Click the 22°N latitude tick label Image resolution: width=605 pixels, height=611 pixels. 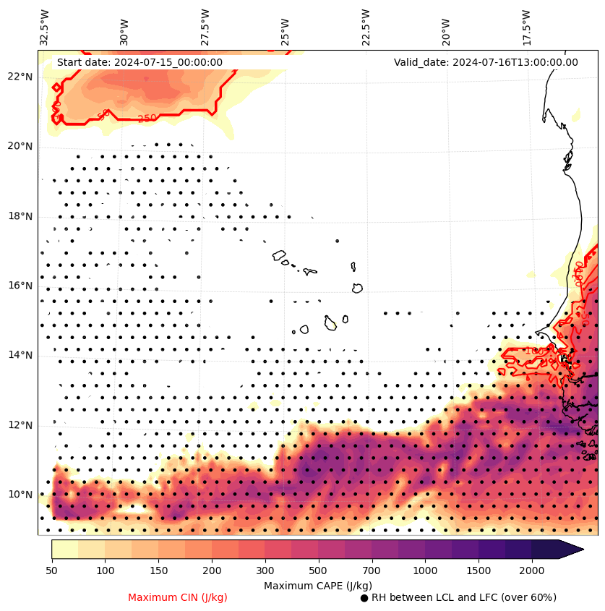coord(20,77)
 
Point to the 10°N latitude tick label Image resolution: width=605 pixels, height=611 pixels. coord(20,495)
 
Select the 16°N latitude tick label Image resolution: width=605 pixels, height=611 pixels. coord(20,286)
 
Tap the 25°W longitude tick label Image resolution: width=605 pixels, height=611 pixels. coord(286,27)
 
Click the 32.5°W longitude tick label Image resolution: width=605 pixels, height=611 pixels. coord(45,27)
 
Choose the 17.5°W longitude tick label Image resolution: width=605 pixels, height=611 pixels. coord(526,27)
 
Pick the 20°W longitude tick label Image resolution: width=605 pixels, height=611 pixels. coord(446,27)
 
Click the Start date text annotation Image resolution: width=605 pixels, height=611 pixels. coord(140,62)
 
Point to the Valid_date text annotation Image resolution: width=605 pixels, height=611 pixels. coord(486,62)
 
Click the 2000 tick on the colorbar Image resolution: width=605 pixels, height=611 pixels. coord(532,571)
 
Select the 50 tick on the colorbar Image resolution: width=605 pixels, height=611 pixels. coord(51,571)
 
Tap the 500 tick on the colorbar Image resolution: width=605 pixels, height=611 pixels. coord(318,571)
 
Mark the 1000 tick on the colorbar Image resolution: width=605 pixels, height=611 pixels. coord(425,571)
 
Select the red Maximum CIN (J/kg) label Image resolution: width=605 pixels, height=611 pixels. coord(178,597)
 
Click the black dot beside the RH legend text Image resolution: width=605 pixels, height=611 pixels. coord(364,598)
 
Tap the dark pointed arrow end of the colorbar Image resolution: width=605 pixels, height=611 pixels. coord(571,549)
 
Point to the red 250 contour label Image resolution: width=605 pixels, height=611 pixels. coord(147,119)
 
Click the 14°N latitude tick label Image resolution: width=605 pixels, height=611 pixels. coord(20,355)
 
